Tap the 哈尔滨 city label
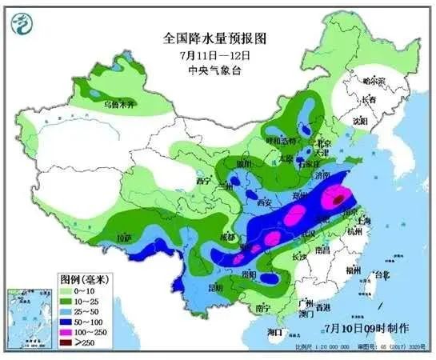pos(373,81)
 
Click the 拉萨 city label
pos(122,238)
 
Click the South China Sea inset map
pos(29,319)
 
